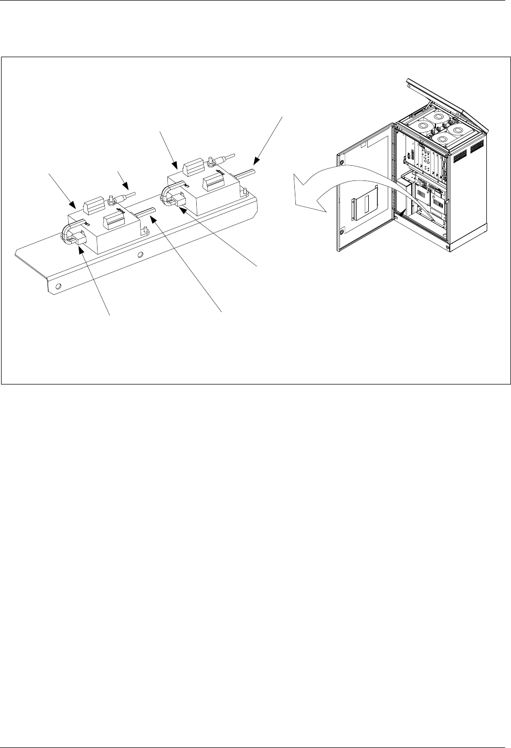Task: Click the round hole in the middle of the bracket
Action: pyautogui.click(x=140, y=255)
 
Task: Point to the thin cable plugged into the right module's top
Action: pyautogui.click(x=226, y=156)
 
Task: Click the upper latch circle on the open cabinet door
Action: pyautogui.click(x=343, y=162)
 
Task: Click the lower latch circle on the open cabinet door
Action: pyautogui.click(x=342, y=231)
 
